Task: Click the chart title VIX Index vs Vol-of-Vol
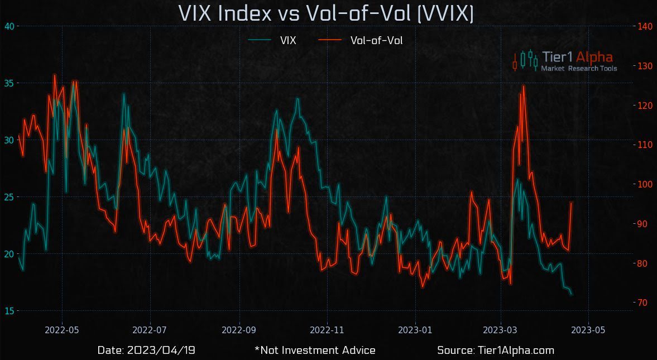tap(325, 13)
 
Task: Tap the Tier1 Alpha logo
tap(564, 60)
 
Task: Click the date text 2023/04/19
tap(146, 351)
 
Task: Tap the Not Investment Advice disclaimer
tap(315, 351)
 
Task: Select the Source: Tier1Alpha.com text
tap(495, 351)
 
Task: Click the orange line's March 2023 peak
tap(523, 86)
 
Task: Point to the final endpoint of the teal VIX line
tap(571, 294)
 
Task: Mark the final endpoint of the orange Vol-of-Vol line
tap(571, 203)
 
